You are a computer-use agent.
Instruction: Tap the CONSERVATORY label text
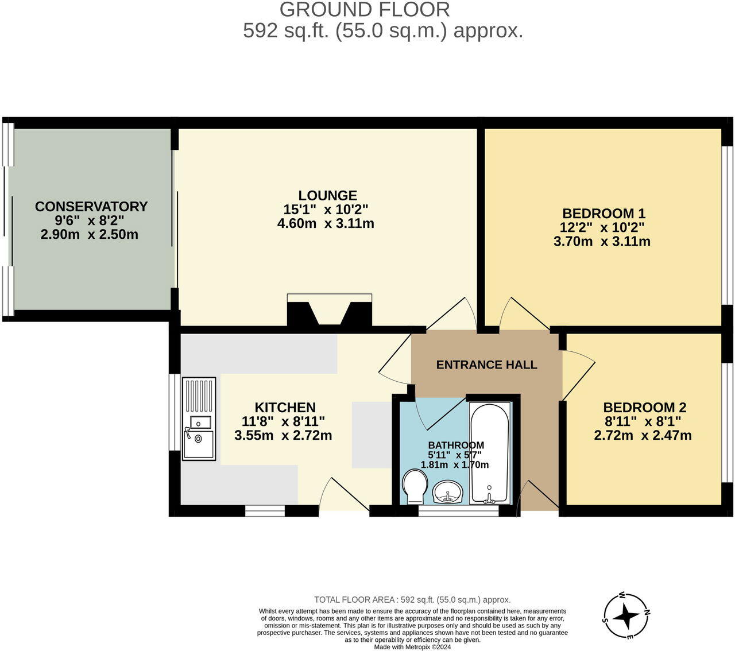click(x=91, y=207)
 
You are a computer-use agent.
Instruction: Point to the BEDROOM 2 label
click(x=644, y=408)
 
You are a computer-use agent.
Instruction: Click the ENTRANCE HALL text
click(x=486, y=365)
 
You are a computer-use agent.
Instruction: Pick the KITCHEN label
click(x=285, y=408)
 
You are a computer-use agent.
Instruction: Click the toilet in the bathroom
click(x=413, y=486)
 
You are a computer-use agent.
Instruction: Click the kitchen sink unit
click(x=199, y=418)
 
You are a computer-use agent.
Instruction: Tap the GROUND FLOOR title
click(x=365, y=10)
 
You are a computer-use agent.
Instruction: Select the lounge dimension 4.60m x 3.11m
click(x=326, y=223)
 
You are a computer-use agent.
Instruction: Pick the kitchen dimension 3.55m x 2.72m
click(x=283, y=435)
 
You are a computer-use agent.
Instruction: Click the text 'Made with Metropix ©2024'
click(x=412, y=646)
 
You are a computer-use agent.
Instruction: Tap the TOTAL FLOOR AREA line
click(x=412, y=600)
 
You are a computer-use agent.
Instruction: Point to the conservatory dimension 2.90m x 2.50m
click(x=90, y=234)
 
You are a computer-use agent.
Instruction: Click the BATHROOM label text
click(x=456, y=445)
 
